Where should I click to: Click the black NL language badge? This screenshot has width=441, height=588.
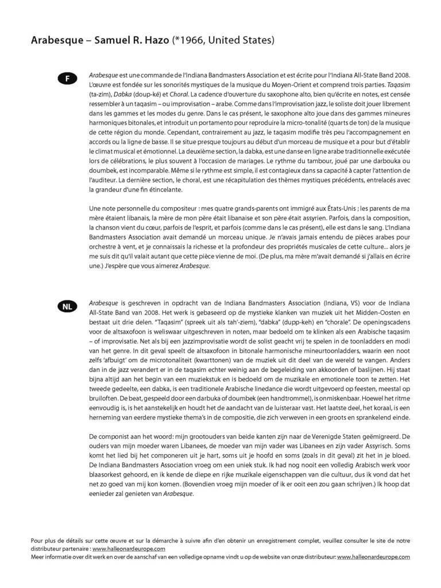point(67,307)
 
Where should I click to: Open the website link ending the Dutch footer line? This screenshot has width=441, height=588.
point(373,556)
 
